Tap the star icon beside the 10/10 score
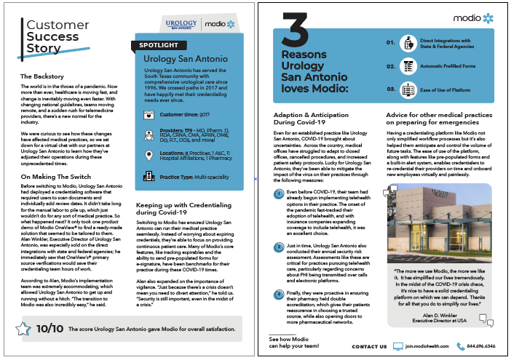pos(23,329)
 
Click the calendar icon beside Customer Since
pos(148,113)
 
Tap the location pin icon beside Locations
pos(148,154)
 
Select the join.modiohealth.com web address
pos(425,347)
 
